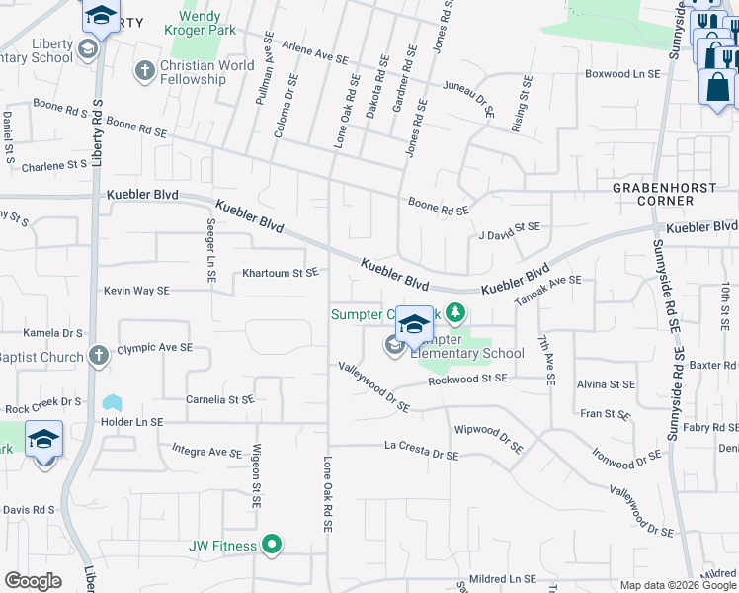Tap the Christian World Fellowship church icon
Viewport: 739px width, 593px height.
145,71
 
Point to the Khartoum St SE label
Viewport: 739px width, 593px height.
281,273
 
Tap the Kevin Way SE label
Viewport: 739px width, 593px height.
137,291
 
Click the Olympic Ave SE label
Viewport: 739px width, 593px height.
154,348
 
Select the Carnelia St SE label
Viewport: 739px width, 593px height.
220,400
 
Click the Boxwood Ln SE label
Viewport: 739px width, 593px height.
622,74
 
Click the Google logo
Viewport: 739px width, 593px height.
33,581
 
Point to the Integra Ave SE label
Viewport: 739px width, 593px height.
206,452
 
